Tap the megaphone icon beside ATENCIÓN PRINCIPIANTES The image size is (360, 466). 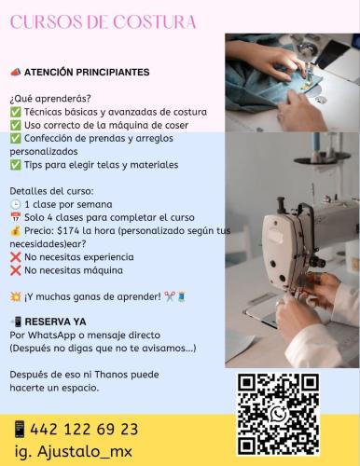click(15, 72)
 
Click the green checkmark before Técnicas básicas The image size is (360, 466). click(15, 112)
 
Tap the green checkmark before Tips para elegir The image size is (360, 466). click(15, 165)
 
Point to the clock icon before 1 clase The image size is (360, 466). click(15, 204)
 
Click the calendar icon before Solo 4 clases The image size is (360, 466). click(15, 217)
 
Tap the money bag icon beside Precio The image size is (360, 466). click(15, 231)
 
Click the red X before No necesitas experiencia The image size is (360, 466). click(15, 257)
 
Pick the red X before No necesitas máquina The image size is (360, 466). click(15, 270)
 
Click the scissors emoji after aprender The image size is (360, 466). click(170, 296)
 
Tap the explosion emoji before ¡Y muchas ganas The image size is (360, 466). click(15, 297)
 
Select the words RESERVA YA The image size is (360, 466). click(55, 322)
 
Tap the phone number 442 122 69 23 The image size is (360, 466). click(84, 430)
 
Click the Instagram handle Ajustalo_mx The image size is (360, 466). click(85, 451)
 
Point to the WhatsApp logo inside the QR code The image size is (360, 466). click(279, 414)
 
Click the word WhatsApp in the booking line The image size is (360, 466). click(52, 336)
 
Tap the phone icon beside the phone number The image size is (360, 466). click(20, 429)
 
